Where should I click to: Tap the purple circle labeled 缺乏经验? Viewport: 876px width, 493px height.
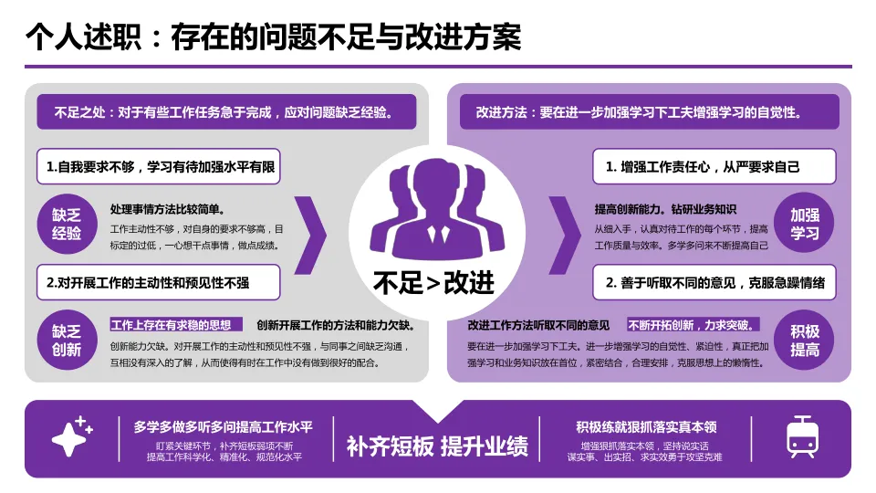[x=67, y=225]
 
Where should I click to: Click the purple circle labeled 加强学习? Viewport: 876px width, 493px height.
[x=805, y=225]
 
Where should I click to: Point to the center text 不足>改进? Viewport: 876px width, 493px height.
[x=434, y=282]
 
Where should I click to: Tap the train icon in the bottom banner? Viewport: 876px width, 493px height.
[x=802, y=437]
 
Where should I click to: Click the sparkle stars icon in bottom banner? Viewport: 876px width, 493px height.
[x=73, y=437]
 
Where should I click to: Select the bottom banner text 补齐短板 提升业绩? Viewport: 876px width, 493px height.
[x=437, y=446]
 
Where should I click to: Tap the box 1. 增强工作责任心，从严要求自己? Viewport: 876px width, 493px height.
[x=714, y=167]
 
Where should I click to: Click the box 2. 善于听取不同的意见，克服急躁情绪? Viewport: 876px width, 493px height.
[x=714, y=283]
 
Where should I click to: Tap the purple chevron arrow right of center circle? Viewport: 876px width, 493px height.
[x=563, y=235]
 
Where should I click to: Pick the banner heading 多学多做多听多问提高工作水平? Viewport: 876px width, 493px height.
[x=223, y=426]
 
